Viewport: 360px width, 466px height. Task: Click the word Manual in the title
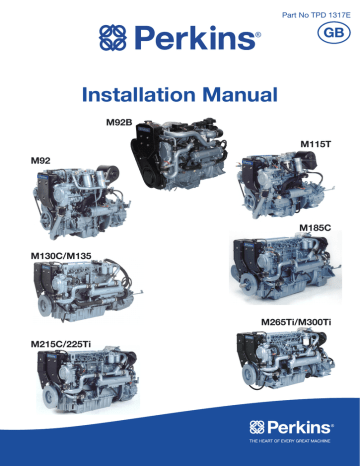coord(235,96)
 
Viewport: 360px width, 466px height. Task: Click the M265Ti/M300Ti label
coord(295,322)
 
